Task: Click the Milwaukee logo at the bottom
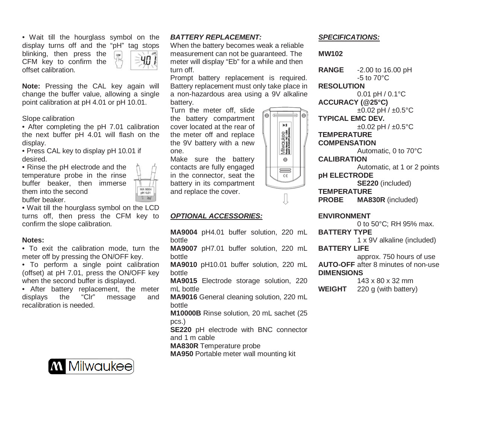[x=91, y=366]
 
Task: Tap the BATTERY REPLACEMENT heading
[x=215, y=37]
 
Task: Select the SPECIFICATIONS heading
[x=349, y=37]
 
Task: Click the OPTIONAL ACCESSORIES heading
[x=216, y=216]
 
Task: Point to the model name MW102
[x=330, y=54]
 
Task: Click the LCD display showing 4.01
[x=144, y=60]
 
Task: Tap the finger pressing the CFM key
[x=119, y=60]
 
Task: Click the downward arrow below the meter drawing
[x=285, y=199]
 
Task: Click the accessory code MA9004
[x=184, y=232]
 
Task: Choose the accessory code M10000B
[x=185, y=313]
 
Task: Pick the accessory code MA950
[x=182, y=354]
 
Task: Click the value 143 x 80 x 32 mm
[x=385, y=281]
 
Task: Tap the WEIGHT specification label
[x=332, y=289]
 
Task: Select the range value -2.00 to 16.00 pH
[x=384, y=70]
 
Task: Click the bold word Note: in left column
[x=31, y=86]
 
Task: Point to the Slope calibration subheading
[x=48, y=119]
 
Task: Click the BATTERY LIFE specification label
[x=343, y=248]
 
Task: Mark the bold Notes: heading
[x=33, y=240]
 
